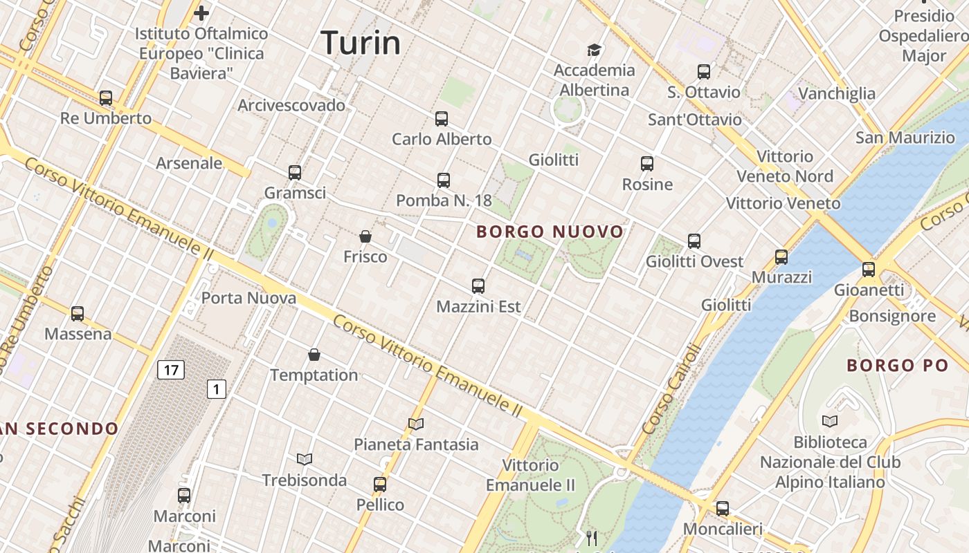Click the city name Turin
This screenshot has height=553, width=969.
(361, 43)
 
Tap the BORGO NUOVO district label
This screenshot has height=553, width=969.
(550, 232)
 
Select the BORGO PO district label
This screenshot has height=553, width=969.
(897, 365)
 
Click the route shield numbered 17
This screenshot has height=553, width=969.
(171, 370)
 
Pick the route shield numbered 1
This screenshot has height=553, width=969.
(217, 390)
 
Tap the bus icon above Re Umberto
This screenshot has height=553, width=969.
(106, 98)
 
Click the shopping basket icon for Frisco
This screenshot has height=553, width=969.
(365, 236)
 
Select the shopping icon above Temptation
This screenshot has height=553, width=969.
(314, 355)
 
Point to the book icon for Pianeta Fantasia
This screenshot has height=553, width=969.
(416, 424)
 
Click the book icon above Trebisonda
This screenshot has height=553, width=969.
(305, 459)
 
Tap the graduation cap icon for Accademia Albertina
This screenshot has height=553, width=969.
(594, 50)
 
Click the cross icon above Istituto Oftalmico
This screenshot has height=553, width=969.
(201, 12)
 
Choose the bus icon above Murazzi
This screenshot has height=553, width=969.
(781, 257)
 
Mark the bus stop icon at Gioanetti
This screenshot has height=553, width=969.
(869, 270)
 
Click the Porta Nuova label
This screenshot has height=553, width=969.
(248, 299)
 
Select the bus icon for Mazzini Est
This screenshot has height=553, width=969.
(478, 286)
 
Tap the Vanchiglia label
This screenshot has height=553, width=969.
(837, 93)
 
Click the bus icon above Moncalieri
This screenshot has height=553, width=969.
(723, 509)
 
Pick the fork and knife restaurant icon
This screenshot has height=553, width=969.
(592, 538)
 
